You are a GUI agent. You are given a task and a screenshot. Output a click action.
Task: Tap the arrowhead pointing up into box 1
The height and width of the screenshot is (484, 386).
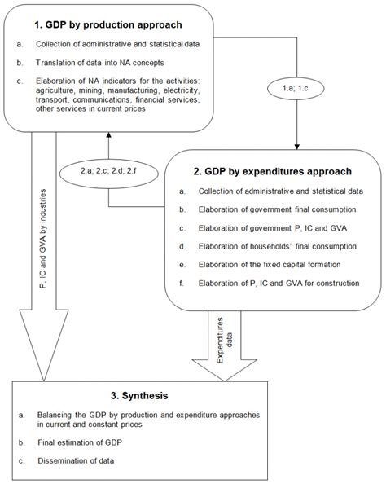(109, 138)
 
